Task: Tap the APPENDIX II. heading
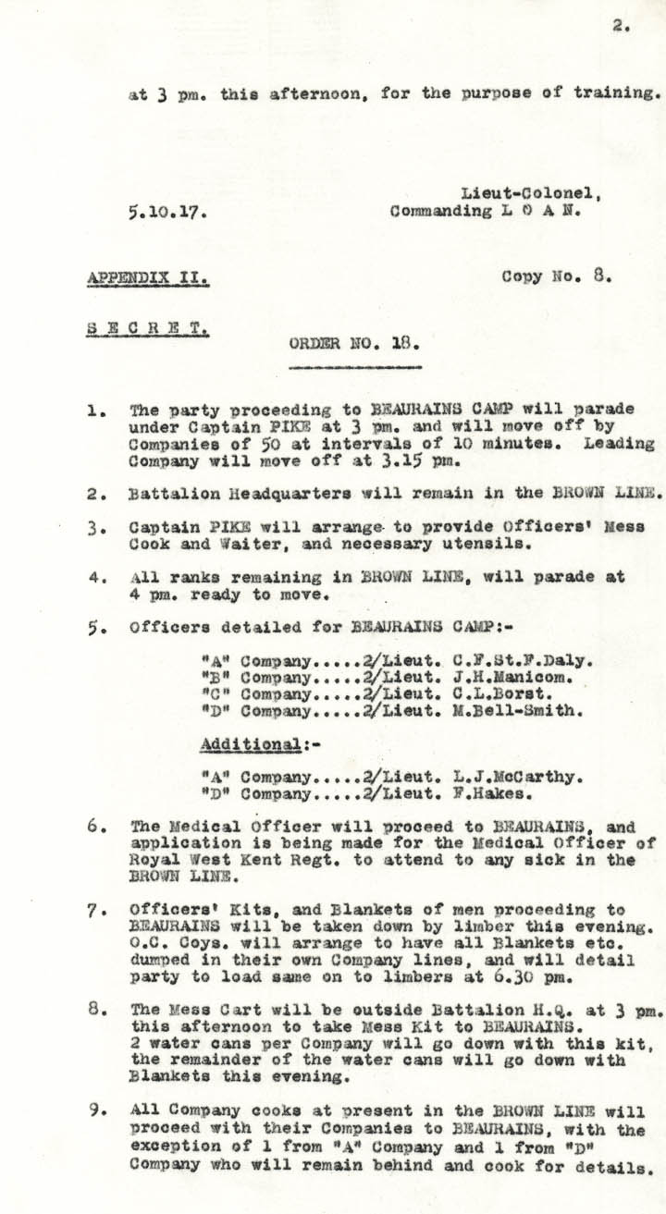pyautogui.click(x=148, y=276)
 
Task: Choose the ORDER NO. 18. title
pyautogui.click(x=354, y=343)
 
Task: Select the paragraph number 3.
pyautogui.click(x=97, y=526)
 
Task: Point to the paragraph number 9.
pyautogui.click(x=97, y=1109)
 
